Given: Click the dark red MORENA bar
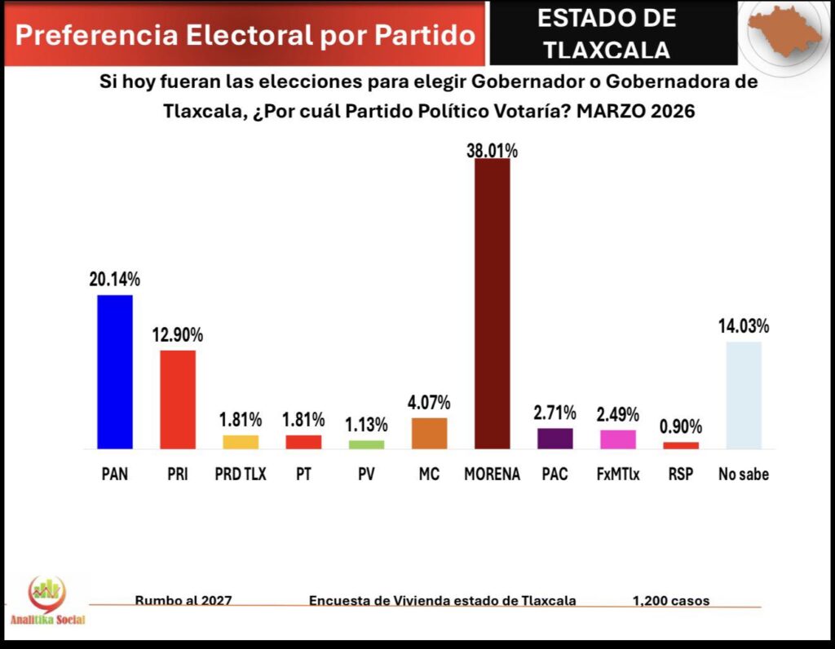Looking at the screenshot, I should (493, 303).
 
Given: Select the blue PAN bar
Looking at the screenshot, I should (115, 372).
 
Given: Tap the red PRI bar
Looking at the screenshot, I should (178, 400).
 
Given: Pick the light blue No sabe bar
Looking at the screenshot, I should (744, 395).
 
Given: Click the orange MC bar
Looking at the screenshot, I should (429, 433).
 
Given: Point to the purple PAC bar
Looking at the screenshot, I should (555, 439).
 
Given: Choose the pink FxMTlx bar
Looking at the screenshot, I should (618, 439).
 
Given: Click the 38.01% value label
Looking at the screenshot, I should (493, 150).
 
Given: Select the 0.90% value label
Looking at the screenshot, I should (681, 427).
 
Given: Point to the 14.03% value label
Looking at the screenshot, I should (744, 327).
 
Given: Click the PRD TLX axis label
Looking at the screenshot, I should (241, 474).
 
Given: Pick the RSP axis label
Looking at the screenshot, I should (681, 474).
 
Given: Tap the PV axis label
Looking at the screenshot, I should (366, 474).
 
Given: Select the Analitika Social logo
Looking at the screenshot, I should (47, 602).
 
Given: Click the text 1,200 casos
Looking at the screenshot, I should (670, 601).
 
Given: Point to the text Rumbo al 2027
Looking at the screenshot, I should (183, 601).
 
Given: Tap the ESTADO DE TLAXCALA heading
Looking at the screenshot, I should (607, 33).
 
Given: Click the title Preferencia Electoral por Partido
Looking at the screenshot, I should (245, 35).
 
